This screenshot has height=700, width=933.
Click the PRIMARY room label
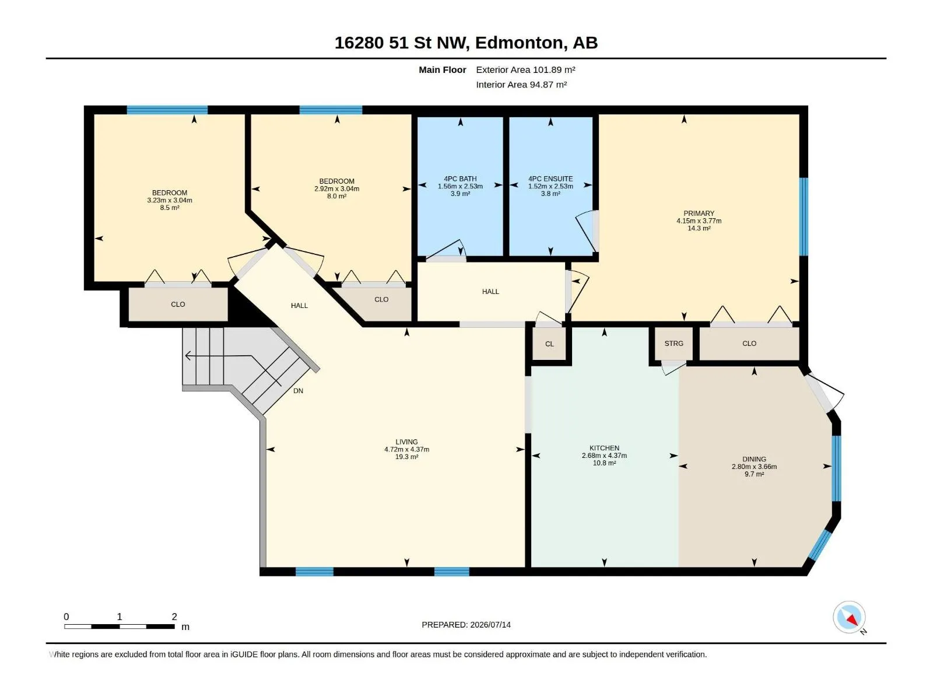[x=699, y=213]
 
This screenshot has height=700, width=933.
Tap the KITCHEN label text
[x=604, y=448]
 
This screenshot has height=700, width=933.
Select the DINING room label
[x=754, y=459]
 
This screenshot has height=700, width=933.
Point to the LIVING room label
[x=406, y=442]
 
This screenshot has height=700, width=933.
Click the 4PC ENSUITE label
[x=550, y=179]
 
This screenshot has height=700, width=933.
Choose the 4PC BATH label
[x=460, y=179]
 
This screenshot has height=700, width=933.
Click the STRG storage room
[x=674, y=344]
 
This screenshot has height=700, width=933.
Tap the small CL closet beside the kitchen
[x=549, y=344]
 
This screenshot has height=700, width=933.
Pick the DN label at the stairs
[x=298, y=391]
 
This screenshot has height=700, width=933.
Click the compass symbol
[x=849, y=617]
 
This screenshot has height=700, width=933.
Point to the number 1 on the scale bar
[x=120, y=617]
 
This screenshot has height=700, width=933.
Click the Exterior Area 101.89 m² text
[x=525, y=69]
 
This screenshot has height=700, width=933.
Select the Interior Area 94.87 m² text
[x=521, y=85]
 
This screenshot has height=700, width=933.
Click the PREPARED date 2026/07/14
[x=490, y=625]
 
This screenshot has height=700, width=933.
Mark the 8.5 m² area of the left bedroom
[x=169, y=208]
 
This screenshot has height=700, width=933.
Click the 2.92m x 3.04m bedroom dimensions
[x=336, y=188]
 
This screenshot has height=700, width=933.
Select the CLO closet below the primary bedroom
[x=749, y=344]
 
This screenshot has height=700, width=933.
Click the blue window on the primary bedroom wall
[x=804, y=217]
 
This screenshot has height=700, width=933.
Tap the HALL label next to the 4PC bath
[x=490, y=292]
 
